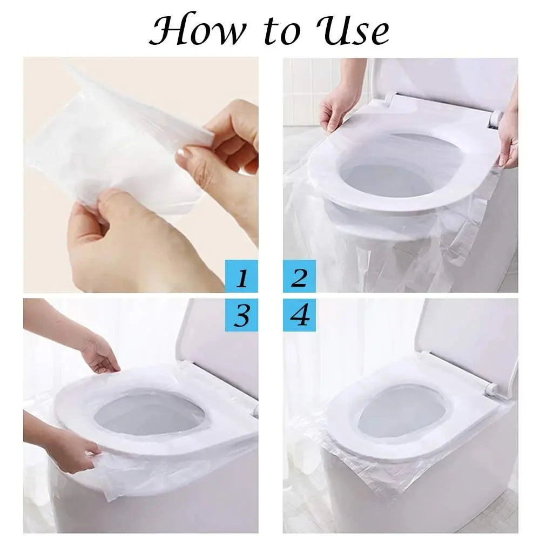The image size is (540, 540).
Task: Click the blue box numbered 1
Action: [242, 278]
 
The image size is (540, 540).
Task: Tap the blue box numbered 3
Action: [242, 315]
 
